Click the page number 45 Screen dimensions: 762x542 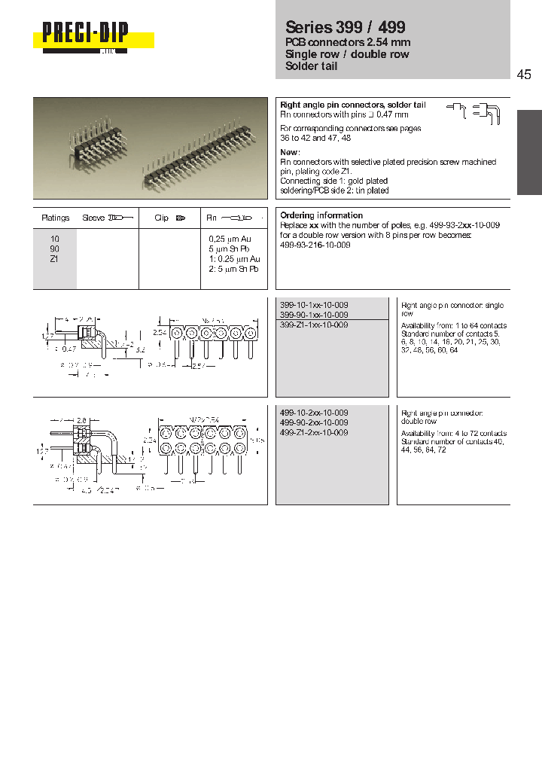point(524,74)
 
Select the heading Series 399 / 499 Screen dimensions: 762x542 point(346,28)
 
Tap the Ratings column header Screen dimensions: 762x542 point(55,218)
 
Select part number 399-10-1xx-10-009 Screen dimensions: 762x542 point(314,305)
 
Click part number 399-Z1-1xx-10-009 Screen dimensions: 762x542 point(314,325)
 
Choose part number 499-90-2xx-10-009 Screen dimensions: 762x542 point(314,423)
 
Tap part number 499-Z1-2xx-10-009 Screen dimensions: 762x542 point(314,433)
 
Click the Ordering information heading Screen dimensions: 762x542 point(321,215)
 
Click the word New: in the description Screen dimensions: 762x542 point(291,152)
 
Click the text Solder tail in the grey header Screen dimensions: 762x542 point(312,66)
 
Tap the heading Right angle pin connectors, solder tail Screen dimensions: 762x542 point(352,105)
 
